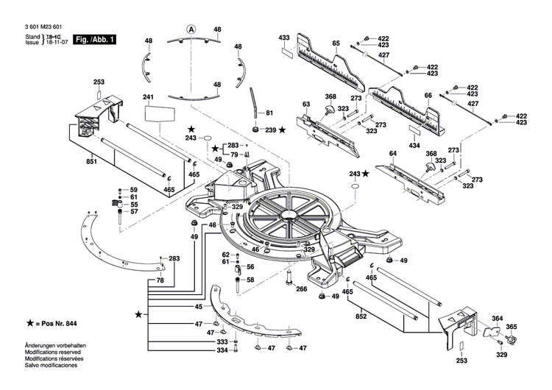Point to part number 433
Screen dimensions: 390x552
point(284,37)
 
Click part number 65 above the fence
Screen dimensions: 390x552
point(336,45)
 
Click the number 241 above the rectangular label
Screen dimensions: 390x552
point(148,97)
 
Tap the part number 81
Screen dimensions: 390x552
point(269,113)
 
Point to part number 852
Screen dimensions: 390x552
point(360,316)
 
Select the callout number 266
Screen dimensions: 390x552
point(301,289)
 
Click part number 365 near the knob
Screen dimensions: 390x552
point(512,326)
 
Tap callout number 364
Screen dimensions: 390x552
point(498,319)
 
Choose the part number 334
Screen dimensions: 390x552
point(222,350)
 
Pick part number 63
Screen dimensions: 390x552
point(306,105)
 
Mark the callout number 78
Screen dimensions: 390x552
point(160,281)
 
